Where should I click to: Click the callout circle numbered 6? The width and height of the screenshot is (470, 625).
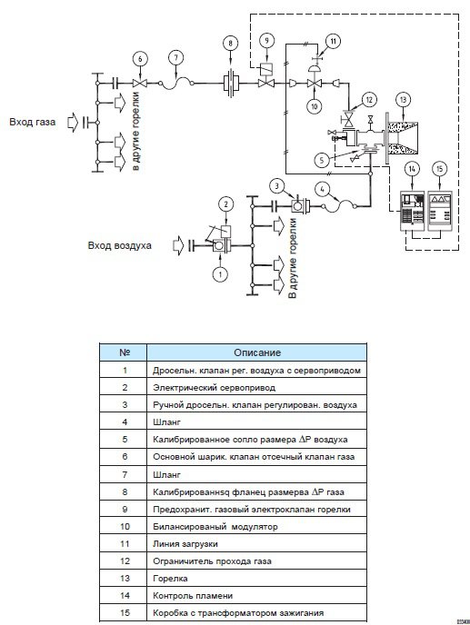(140, 59)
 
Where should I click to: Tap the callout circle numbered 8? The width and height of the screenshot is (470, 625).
(230, 43)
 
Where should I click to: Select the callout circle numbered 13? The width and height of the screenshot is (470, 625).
(403, 100)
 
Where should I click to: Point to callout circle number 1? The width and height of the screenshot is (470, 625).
(220, 273)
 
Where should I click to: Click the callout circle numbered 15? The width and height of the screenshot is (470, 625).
(439, 169)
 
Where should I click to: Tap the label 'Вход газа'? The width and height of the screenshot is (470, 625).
(33, 122)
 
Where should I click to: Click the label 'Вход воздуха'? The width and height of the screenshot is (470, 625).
(119, 245)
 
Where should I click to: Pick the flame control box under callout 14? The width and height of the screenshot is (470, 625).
(412, 211)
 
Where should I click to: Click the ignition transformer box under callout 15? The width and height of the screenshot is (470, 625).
(440, 211)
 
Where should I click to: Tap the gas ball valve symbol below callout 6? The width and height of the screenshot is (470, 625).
(140, 84)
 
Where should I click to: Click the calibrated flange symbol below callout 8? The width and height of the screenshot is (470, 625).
(231, 84)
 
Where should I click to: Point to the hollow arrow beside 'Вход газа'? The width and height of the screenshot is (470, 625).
(72, 123)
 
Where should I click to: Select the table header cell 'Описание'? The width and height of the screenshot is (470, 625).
(257, 352)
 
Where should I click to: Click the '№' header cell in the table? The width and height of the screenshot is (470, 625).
(125, 352)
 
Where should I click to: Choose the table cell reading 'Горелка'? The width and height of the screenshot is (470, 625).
(257, 579)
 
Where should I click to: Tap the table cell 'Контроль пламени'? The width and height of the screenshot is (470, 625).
(257, 596)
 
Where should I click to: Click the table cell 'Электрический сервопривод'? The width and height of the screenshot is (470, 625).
(257, 387)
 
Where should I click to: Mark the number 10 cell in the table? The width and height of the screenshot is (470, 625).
(125, 527)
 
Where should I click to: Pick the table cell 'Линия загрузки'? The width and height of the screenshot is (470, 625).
(257, 543)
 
